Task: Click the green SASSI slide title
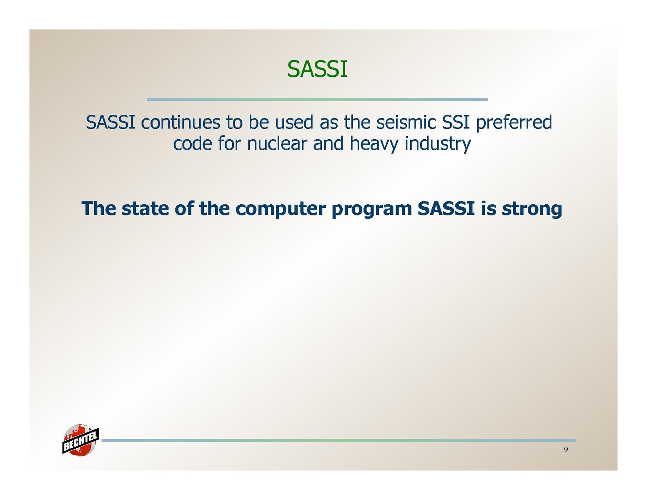pyautogui.click(x=317, y=69)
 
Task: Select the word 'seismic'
pyautogui.click(x=406, y=123)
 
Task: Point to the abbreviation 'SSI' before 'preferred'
pyautogui.click(x=456, y=123)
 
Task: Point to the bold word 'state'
pyautogui.click(x=145, y=209)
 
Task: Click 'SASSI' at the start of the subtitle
pyautogui.click(x=110, y=123)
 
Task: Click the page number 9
pyautogui.click(x=566, y=450)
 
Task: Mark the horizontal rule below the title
pyautogui.click(x=317, y=100)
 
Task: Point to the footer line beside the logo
pyautogui.click(x=339, y=440)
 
